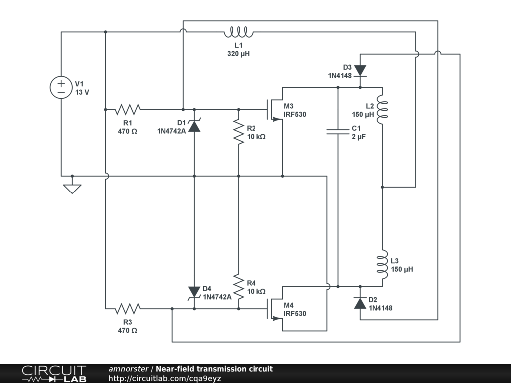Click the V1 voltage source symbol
(61, 87)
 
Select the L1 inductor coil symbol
(238, 33)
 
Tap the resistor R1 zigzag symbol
(128, 109)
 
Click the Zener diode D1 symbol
(194, 126)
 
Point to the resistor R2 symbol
(239, 132)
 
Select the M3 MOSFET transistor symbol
(276, 109)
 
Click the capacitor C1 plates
(338, 131)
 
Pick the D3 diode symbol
(360, 71)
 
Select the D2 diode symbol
(360, 302)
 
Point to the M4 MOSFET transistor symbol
(276, 309)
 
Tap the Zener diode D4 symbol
(194, 292)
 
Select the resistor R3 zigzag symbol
(128, 309)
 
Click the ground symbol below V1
(72, 189)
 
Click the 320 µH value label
(238, 53)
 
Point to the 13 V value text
(82, 92)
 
